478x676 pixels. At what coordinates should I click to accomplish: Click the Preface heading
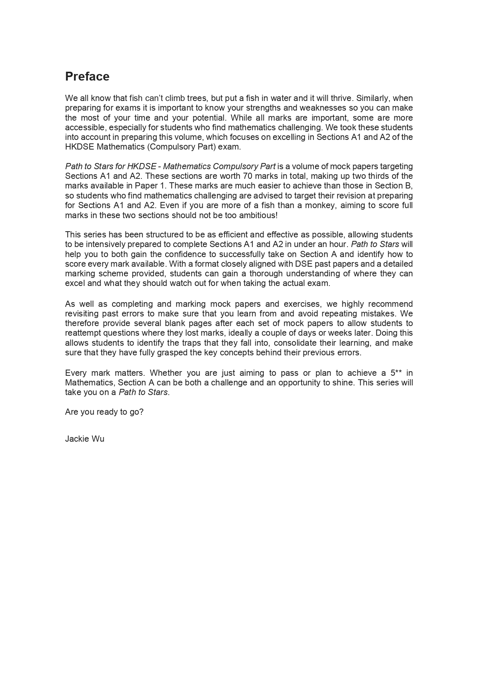(87, 77)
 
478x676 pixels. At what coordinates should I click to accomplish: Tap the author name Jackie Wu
(85, 439)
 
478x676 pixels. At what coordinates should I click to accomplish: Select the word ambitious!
(258, 215)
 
